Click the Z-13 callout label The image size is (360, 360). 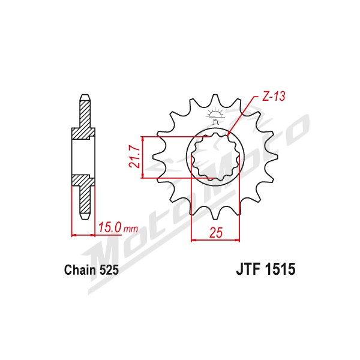274,97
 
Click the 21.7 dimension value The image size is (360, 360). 134,157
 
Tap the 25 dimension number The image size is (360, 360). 216,233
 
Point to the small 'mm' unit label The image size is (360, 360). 131,229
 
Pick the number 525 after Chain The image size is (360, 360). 109,270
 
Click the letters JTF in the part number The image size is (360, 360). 249,269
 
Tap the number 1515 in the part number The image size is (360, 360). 280,269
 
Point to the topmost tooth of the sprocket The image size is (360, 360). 215,99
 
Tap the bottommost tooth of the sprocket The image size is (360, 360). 215,215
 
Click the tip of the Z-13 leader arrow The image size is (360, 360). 228,136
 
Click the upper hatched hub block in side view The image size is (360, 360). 83,133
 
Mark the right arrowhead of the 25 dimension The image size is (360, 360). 237,240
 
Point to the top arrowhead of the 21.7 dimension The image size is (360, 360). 143,139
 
